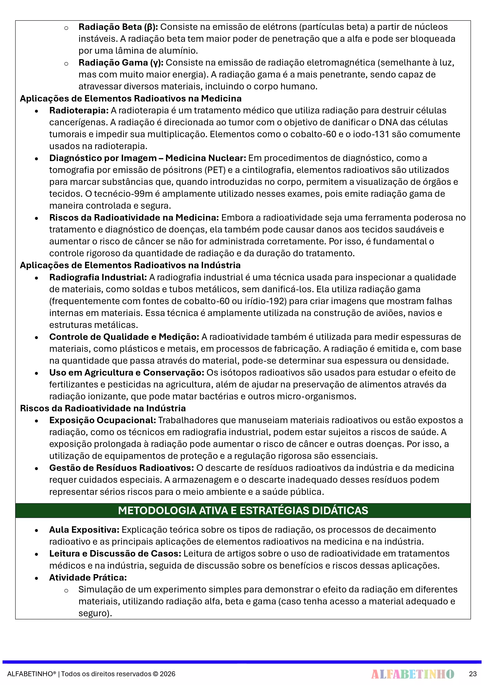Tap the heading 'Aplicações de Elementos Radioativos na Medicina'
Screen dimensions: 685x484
(x=131, y=98)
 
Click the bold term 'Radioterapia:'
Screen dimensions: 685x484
(x=79, y=110)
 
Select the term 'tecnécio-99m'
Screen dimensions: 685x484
(x=123, y=194)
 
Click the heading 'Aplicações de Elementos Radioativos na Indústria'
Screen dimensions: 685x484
(x=130, y=265)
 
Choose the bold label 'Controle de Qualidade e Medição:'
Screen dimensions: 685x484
(x=124, y=337)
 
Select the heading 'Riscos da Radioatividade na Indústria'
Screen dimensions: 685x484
(x=103, y=408)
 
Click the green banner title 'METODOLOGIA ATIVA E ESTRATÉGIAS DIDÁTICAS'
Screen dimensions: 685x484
(x=243, y=510)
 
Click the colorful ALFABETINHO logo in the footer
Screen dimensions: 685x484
(x=413, y=674)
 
